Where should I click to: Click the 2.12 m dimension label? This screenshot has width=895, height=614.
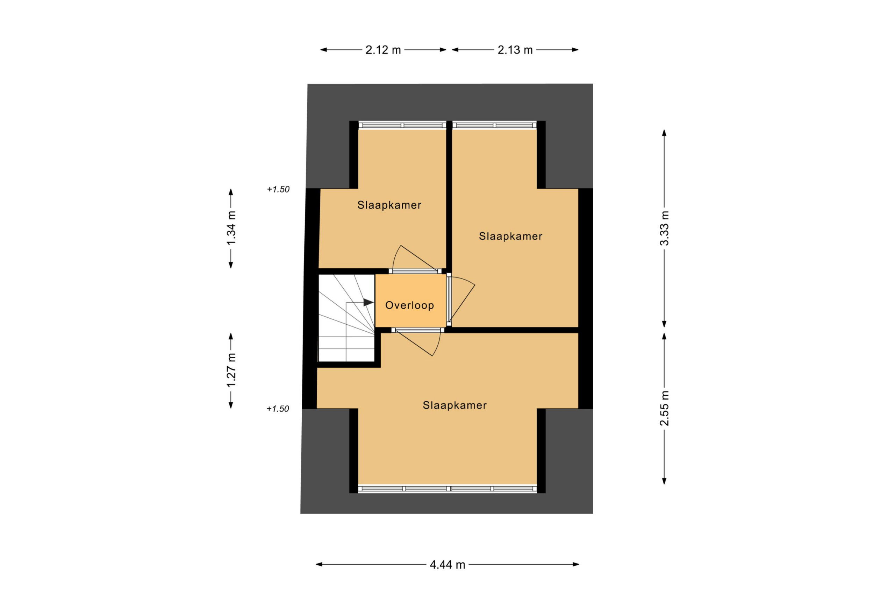(x=383, y=50)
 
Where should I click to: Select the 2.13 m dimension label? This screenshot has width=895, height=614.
(x=515, y=50)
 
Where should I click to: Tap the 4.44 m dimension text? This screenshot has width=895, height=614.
(x=447, y=565)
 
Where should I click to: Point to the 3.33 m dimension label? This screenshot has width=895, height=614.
(x=664, y=228)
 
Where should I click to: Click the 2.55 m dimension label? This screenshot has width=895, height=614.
(x=664, y=408)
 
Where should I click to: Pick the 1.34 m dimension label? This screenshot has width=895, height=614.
(x=231, y=228)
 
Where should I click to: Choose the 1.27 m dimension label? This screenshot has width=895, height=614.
(x=231, y=370)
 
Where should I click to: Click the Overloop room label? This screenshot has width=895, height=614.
(x=409, y=305)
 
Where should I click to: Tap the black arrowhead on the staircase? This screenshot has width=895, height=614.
(x=368, y=303)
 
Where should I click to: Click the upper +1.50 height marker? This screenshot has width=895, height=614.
(x=278, y=189)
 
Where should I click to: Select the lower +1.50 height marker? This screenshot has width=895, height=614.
(x=278, y=409)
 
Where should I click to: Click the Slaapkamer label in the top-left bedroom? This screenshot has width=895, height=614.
(x=389, y=205)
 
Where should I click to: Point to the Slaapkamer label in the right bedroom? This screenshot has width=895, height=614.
(x=511, y=236)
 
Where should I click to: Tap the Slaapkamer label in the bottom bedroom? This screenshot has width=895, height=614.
(x=455, y=405)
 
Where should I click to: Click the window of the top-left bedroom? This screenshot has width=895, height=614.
(x=402, y=125)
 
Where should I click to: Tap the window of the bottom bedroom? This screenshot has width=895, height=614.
(x=447, y=489)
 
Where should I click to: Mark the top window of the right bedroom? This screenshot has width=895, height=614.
(x=494, y=125)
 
